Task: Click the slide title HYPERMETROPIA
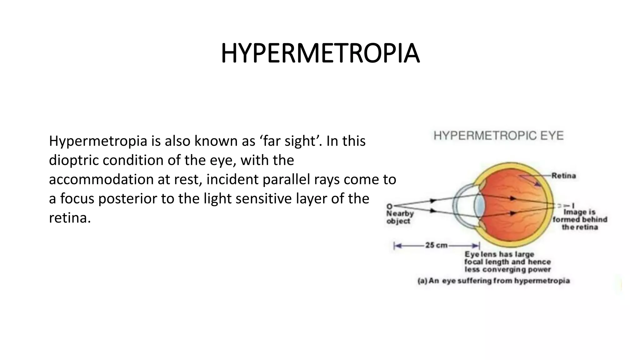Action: click(320, 54)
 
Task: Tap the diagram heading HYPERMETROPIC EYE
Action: click(498, 136)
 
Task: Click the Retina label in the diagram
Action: click(563, 176)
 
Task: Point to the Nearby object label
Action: click(400, 217)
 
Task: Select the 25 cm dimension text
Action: click(436, 245)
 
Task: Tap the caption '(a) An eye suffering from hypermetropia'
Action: click(493, 281)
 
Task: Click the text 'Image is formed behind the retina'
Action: click(580, 220)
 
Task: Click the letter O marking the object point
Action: click(389, 206)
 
